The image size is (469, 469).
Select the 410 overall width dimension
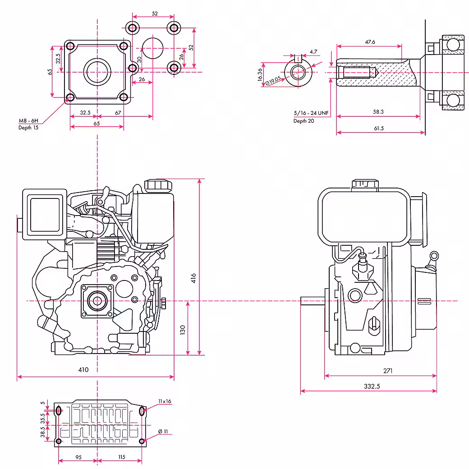83,370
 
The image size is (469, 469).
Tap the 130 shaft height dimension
183,330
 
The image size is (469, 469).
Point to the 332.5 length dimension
368,386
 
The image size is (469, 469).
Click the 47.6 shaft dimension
370,41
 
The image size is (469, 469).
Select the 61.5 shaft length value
379,128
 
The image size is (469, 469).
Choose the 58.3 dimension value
379,111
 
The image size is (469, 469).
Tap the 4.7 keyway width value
314,52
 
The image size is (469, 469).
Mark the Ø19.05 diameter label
274,79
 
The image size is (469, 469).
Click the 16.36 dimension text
260,74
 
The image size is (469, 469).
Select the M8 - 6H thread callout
28,121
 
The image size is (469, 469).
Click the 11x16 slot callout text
165,401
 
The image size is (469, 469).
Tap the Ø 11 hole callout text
163,432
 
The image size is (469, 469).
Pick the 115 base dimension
121,457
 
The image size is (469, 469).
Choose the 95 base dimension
78,457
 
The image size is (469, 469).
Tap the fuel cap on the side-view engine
365,184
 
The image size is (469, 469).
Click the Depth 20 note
303,121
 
